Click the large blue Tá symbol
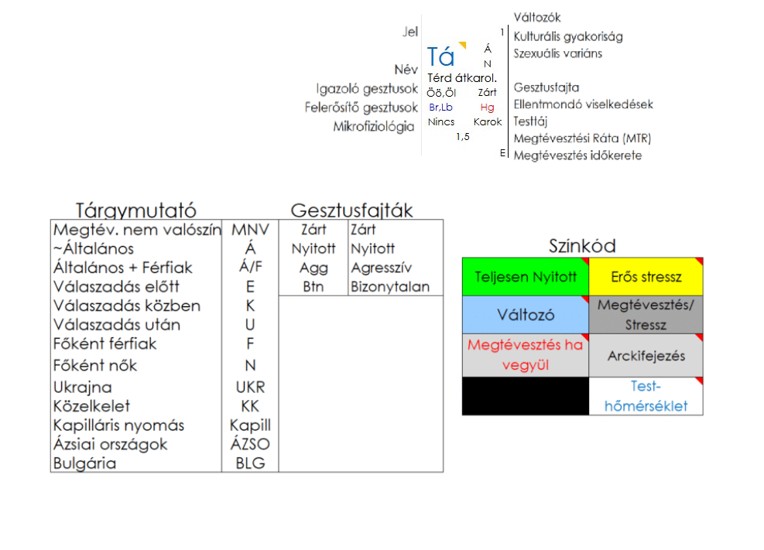pos(441,56)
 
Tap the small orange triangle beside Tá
pos(462,46)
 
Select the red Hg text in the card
pos(487,108)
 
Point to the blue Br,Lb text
pos(440,108)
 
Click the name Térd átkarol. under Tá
pos(461,78)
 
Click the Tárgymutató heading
pos(135,210)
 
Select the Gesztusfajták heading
pos(351,210)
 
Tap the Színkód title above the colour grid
pos(582,246)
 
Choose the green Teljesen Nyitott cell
pos(525,277)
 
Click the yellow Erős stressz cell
pos(646,277)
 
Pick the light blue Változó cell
pos(525,316)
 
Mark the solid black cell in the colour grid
pos(525,396)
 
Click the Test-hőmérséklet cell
pos(646,396)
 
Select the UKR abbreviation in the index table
pos(250,388)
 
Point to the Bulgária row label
pos(84,463)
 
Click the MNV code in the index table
pos(250,230)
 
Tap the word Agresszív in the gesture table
pos(381,268)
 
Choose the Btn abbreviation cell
pos(313,287)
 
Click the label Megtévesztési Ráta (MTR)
pos(582,138)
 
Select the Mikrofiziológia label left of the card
pos(374,126)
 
